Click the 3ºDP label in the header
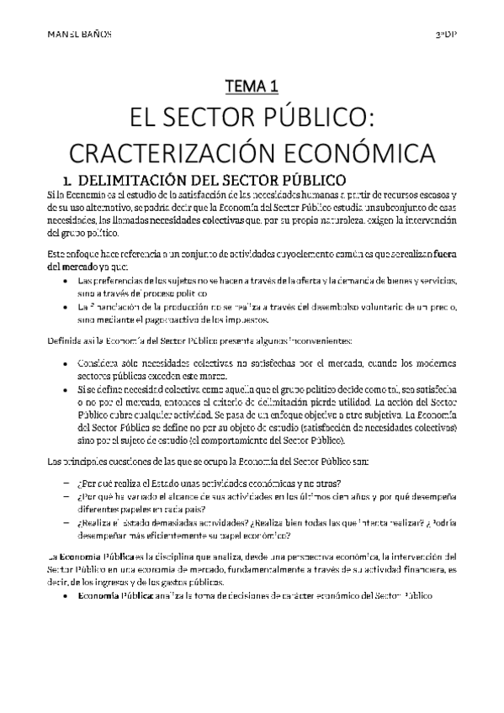tap(448, 35)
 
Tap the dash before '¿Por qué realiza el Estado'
tap(66, 483)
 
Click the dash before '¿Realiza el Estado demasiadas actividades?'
tap(66, 523)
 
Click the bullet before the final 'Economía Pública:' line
tap(66, 595)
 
